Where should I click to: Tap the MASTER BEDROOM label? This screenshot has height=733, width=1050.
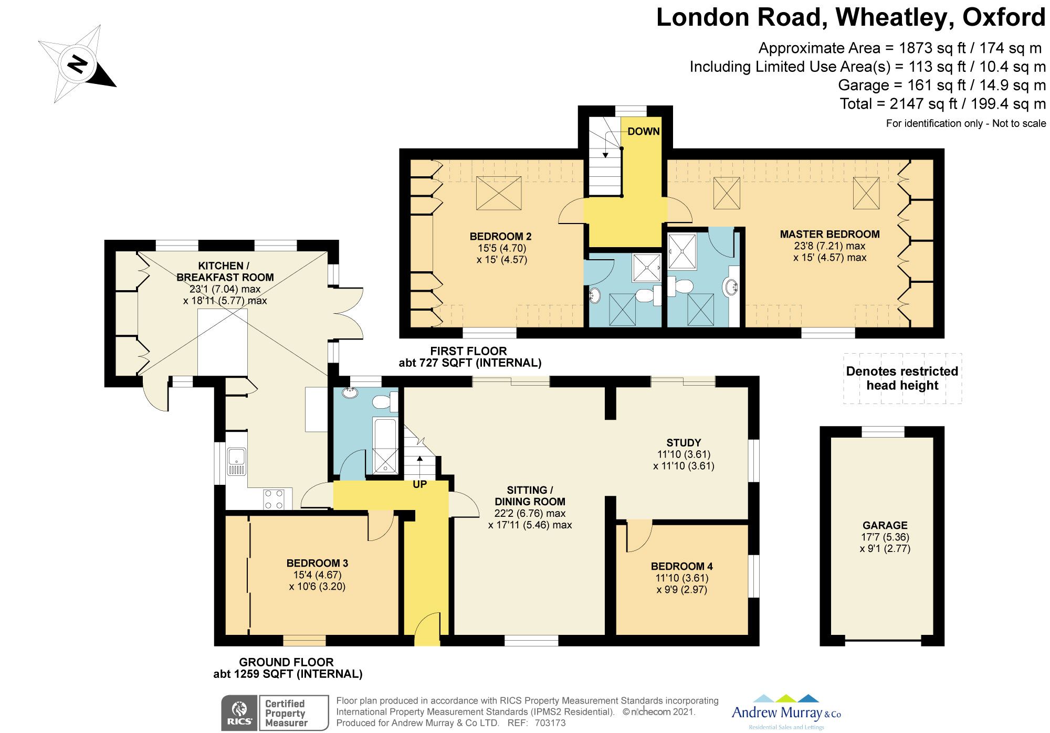[x=829, y=234]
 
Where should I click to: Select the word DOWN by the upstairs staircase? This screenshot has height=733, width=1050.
[x=643, y=131]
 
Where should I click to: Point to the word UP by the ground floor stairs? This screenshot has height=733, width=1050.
[x=419, y=484]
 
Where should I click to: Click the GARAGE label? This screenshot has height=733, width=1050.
[x=885, y=525]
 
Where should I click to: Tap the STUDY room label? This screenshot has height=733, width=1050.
[x=683, y=443]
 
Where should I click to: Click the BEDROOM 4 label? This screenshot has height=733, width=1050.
[x=681, y=566]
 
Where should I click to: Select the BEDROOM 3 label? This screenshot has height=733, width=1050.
[x=317, y=563]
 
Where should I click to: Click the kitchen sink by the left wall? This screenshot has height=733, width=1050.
[x=237, y=462]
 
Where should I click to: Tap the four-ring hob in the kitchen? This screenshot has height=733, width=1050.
[x=274, y=499]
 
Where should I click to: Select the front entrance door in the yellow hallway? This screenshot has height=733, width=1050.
[x=426, y=630]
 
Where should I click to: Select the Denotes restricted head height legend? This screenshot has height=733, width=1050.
[x=902, y=378]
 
